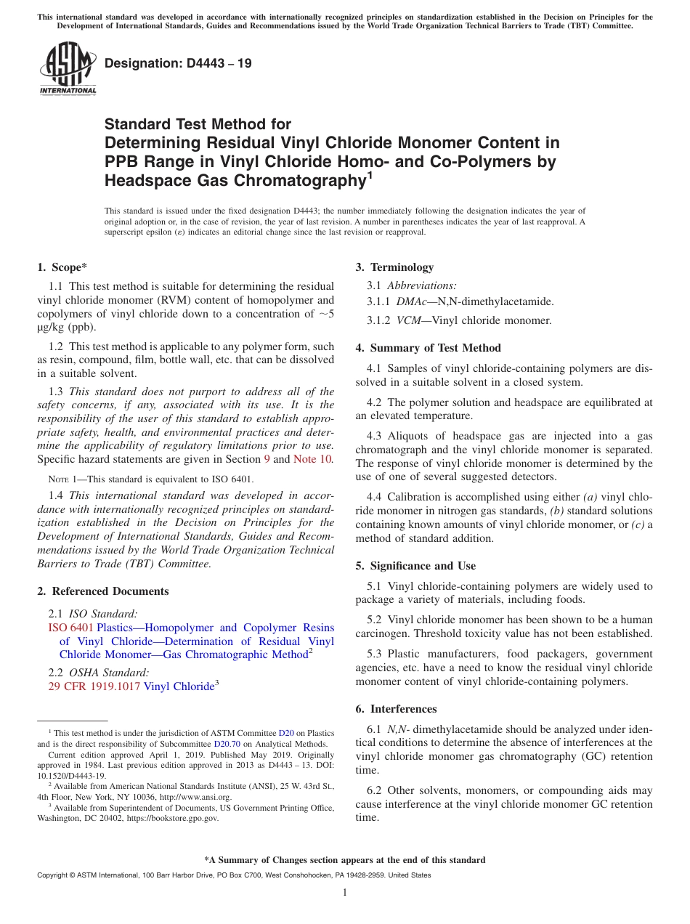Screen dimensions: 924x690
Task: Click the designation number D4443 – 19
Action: coord(178,63)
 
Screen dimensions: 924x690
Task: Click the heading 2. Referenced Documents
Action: coord(103,591)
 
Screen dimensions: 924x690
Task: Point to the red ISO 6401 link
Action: coord(70,628)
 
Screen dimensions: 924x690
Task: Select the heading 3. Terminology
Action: coord(394,267)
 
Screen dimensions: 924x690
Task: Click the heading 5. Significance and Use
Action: coord(415,566)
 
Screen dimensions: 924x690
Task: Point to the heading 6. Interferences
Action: coord(396,709)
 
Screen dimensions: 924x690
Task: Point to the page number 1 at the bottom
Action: coord(345,893)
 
